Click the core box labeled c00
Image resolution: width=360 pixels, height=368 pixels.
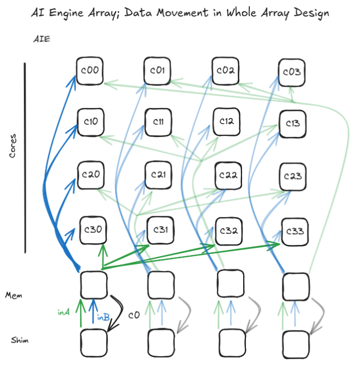[x=90, y=70]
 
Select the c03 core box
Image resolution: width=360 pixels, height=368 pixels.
[x=292, y=73]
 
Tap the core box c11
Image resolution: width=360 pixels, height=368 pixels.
[x=158, y=122]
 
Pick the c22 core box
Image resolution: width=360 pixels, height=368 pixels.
[x=228, y=176]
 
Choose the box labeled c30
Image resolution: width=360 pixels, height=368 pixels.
[x=93, y=230]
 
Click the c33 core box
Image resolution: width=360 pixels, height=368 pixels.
[x=295, y=232]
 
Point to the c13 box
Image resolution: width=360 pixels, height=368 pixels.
[x=293, y=124]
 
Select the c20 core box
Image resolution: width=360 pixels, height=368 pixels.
[x=91, y=175]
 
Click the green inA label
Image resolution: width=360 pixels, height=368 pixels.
[x=64, y=313]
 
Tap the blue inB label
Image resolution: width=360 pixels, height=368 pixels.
[x=103, y=317]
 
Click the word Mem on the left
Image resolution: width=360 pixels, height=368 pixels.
[x=13, y=295]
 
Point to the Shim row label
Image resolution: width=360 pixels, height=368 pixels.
[x=20, y=340]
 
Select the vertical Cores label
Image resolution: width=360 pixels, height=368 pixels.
[x=13, y=146]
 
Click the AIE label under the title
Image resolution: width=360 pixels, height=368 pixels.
[x=42, y=39]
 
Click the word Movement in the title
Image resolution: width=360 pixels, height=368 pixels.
[x=182, y=13]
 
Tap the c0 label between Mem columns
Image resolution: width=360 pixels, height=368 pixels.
[x=134, y=315]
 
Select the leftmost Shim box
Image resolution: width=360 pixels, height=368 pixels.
[x=94, y=343]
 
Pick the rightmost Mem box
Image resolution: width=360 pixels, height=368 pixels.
[x=296, y=286]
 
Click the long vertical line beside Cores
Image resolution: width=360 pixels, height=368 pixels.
[x=25, y=158]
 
